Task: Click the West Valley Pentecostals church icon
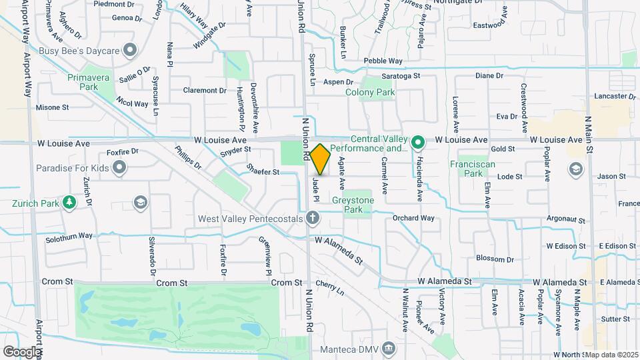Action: [313, 218]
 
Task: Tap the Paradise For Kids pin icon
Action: [119, 168]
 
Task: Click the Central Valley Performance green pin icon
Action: [418, 142]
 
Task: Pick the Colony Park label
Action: [370, 93]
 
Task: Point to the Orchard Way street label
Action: [413, 218]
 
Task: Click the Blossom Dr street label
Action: [495, 259]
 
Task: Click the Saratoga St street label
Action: [400, 76]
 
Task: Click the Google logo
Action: [22, 351]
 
